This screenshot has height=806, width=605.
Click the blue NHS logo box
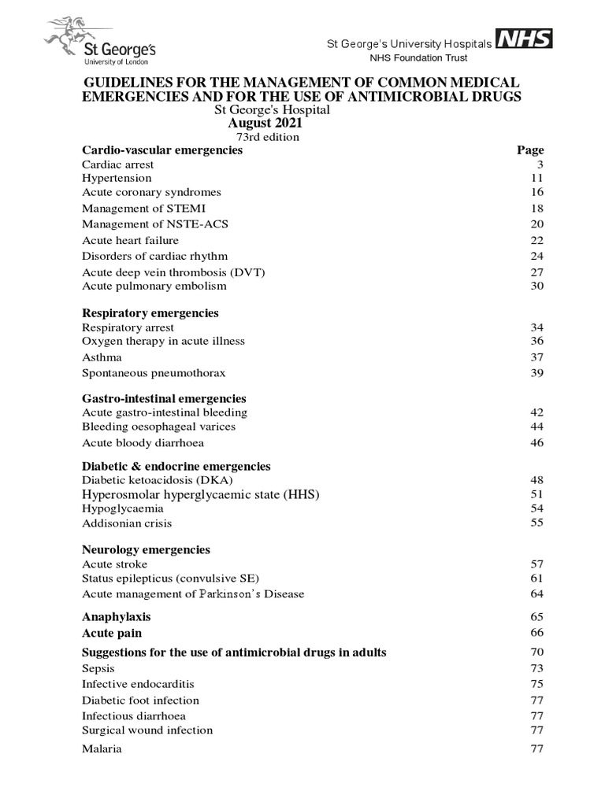[523, 39]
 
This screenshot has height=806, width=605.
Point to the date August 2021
[265, 124]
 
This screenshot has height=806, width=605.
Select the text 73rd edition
[263, 137]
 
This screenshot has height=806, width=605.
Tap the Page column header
[530, 150]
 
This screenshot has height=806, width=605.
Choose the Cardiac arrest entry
[118, 165]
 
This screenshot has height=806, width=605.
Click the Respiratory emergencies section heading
[150, 313]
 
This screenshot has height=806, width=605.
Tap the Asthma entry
[102, 357]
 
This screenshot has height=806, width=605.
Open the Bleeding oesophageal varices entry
[158, 427]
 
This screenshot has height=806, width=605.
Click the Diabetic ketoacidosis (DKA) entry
[158, 480]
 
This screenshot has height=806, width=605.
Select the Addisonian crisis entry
[127, 523]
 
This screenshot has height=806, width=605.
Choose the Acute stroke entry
[115, 564]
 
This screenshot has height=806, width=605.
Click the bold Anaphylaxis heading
[117, 617]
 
